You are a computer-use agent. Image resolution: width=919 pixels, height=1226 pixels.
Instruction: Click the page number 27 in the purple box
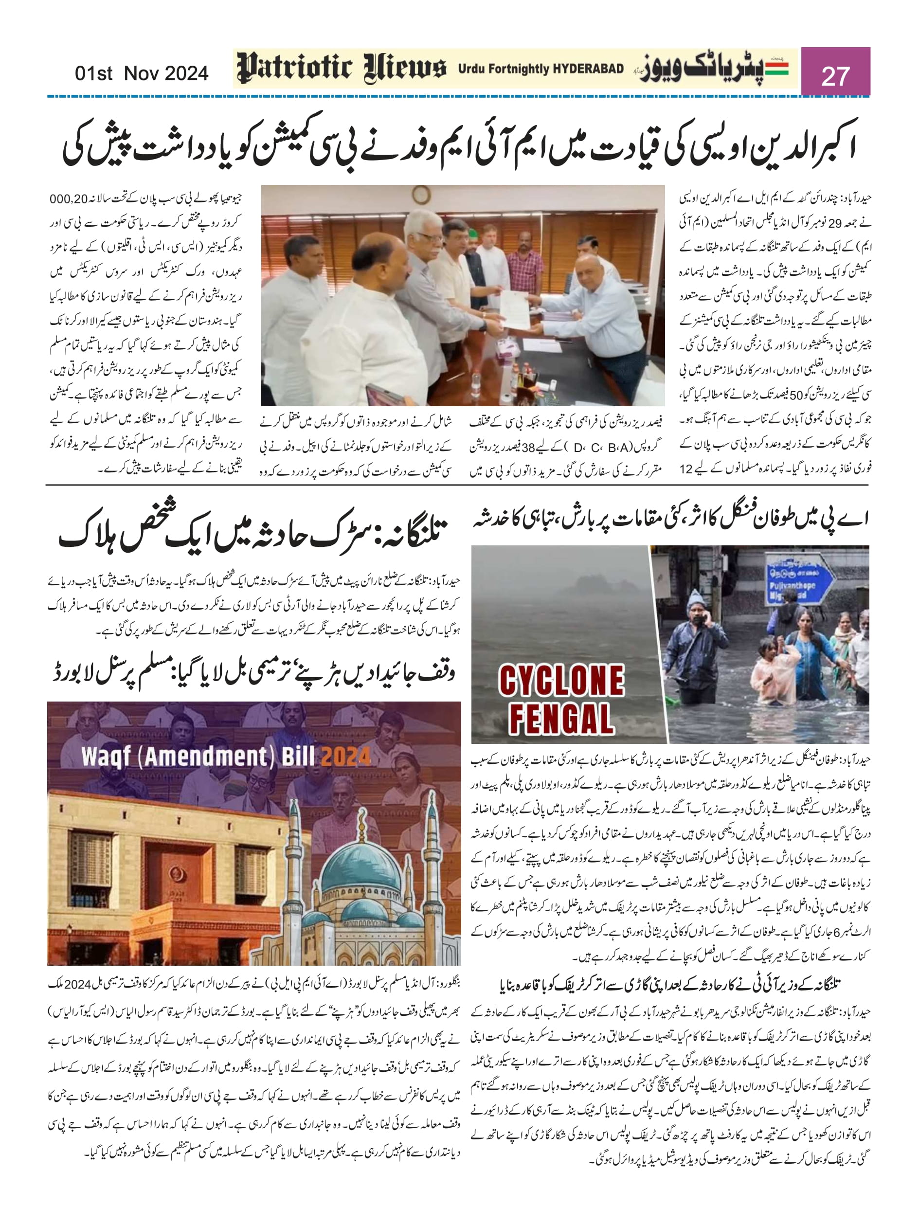(835, 75)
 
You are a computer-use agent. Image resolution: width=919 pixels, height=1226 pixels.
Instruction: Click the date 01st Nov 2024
(142, 73)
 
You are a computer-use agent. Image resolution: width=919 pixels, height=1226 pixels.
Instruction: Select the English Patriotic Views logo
(342, 69)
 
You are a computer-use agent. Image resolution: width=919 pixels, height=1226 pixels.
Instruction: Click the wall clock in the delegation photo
(421, 196)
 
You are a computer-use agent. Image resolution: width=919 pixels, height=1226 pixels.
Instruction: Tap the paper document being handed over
(515, 308)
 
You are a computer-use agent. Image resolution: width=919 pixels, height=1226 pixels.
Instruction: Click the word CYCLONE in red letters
(561, 681)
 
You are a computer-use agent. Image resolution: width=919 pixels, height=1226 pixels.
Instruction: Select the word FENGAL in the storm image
(561, 719)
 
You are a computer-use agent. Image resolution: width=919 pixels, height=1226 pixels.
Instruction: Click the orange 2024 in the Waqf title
(345, 756)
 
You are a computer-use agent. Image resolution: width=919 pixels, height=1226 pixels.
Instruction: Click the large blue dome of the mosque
(361, 872)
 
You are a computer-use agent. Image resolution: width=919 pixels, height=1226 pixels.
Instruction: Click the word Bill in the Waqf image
(298, 756)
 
